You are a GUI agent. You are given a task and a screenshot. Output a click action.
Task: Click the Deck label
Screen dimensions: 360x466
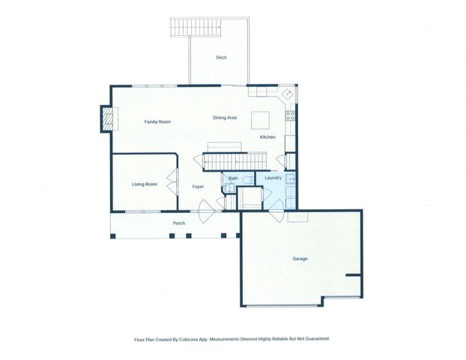(221, 58)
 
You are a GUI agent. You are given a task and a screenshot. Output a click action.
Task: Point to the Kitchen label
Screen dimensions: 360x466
(267, 137)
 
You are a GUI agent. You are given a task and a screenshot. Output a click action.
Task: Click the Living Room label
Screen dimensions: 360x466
(144, 184)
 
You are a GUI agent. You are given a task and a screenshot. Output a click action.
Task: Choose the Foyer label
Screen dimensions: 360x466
(198, 186)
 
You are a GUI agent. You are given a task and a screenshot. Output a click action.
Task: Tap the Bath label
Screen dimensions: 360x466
(233, 178)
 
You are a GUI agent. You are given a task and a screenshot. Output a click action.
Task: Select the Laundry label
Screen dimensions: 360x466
(273, 178)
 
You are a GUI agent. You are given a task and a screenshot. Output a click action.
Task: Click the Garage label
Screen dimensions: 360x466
(300, 259)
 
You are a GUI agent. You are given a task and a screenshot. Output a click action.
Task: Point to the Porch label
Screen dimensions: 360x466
(179, 223)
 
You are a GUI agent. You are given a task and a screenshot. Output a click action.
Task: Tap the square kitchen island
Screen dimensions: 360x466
(260, 120)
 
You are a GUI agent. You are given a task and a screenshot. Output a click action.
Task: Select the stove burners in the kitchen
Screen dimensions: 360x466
(291, 116)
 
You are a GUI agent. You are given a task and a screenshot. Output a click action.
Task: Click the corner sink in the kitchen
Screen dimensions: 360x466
(287, 94)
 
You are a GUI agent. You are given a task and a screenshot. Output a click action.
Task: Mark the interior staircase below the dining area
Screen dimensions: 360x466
(236, 161)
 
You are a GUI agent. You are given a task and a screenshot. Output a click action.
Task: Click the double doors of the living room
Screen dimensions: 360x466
(172, 184)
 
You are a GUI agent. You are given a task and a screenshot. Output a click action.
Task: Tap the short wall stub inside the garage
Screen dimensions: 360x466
(353, 275)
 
